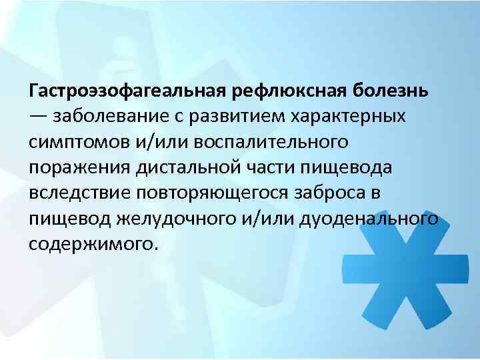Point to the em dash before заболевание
pyautogui.click(x=38, y=116)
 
